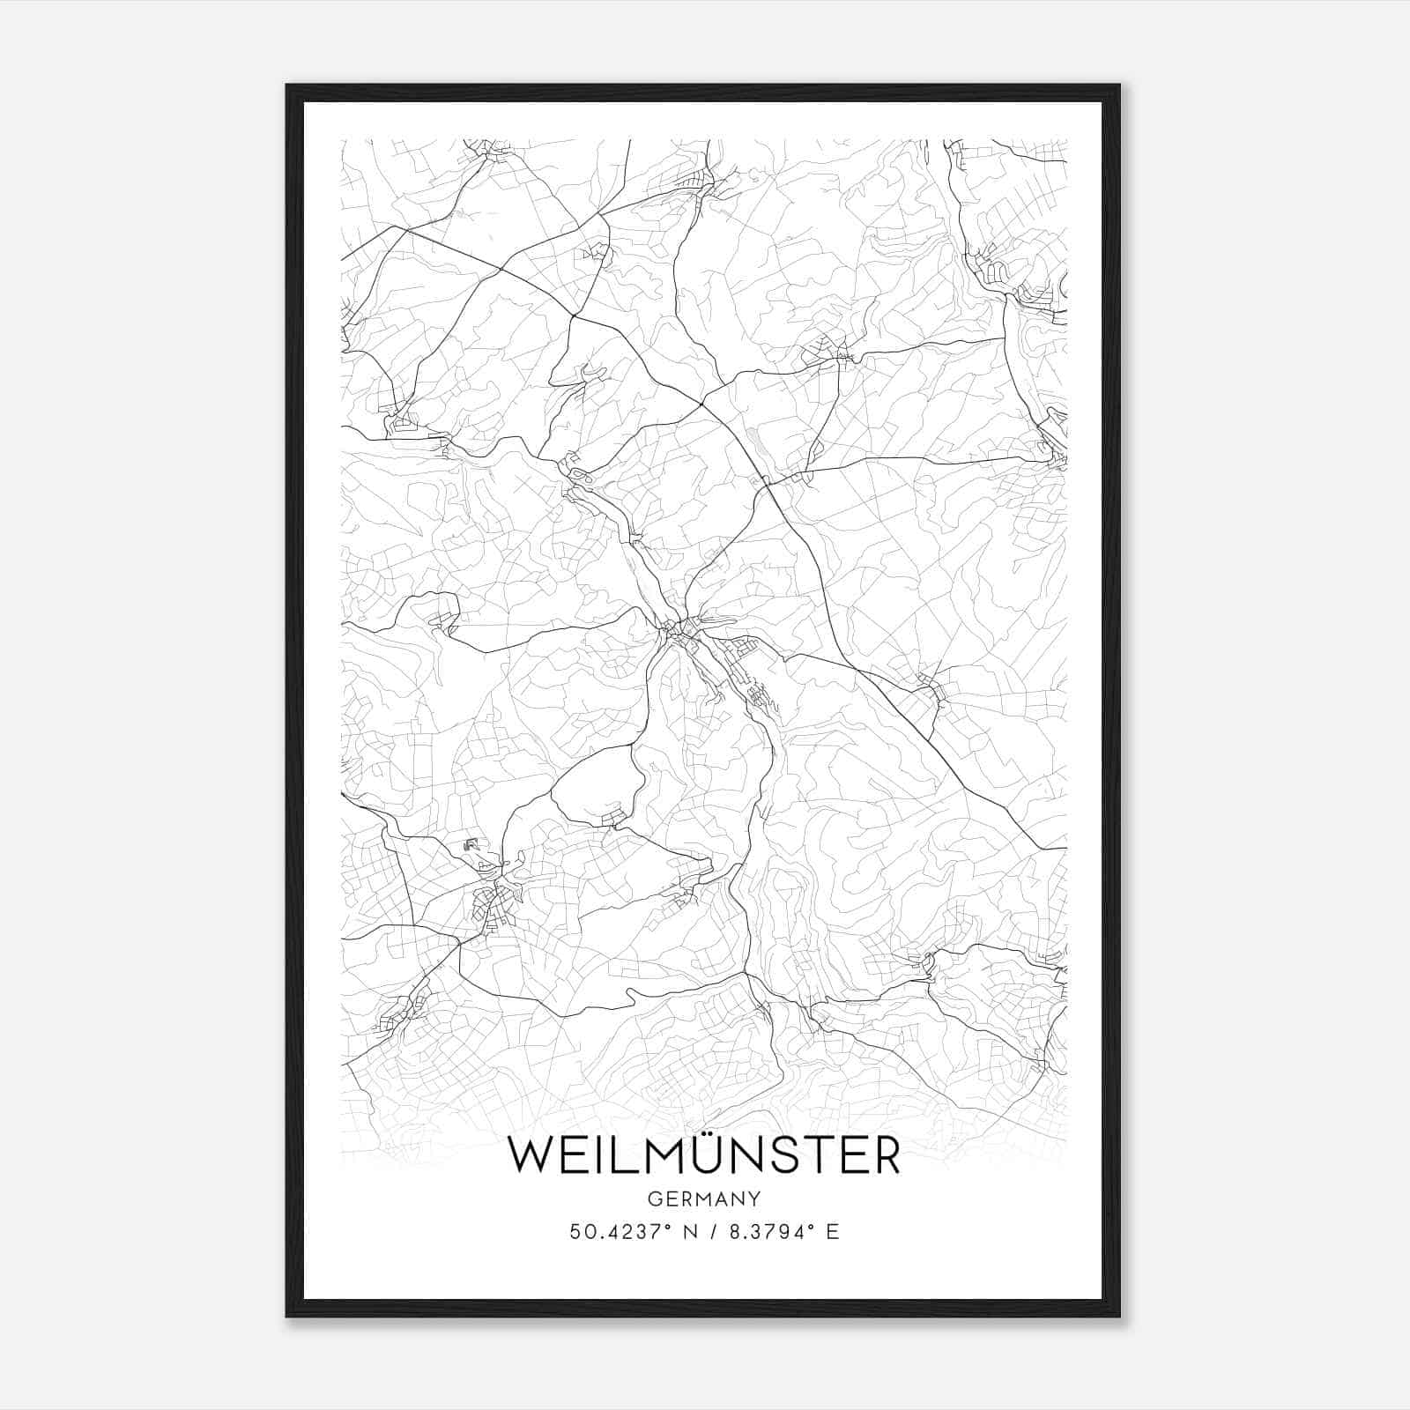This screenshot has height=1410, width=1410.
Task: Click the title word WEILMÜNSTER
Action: (x=704, y=1155)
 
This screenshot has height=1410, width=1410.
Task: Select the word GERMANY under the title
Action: (x=704, y=1198)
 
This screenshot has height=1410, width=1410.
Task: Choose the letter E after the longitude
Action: (x=832, y=1232)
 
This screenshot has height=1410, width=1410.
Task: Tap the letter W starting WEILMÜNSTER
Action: (x=531, y=1156)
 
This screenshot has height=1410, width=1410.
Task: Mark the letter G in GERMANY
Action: (x=654, y=1198)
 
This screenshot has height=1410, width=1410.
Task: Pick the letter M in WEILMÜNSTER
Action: (x=664, y=1156)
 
